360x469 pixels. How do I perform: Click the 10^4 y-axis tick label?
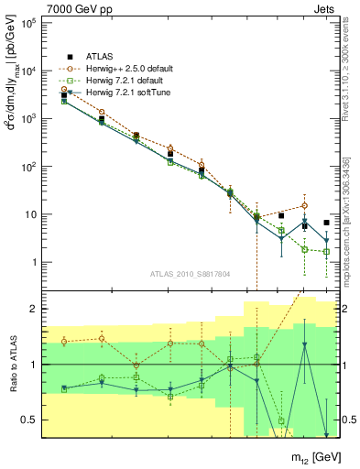point(27,71)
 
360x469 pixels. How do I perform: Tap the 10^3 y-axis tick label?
point(27,119)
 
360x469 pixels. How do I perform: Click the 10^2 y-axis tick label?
point(27,167)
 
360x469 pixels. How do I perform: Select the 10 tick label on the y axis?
point(29,215)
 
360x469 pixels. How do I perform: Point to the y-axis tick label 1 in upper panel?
point(33,263)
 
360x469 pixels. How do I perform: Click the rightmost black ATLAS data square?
point(327,223)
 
